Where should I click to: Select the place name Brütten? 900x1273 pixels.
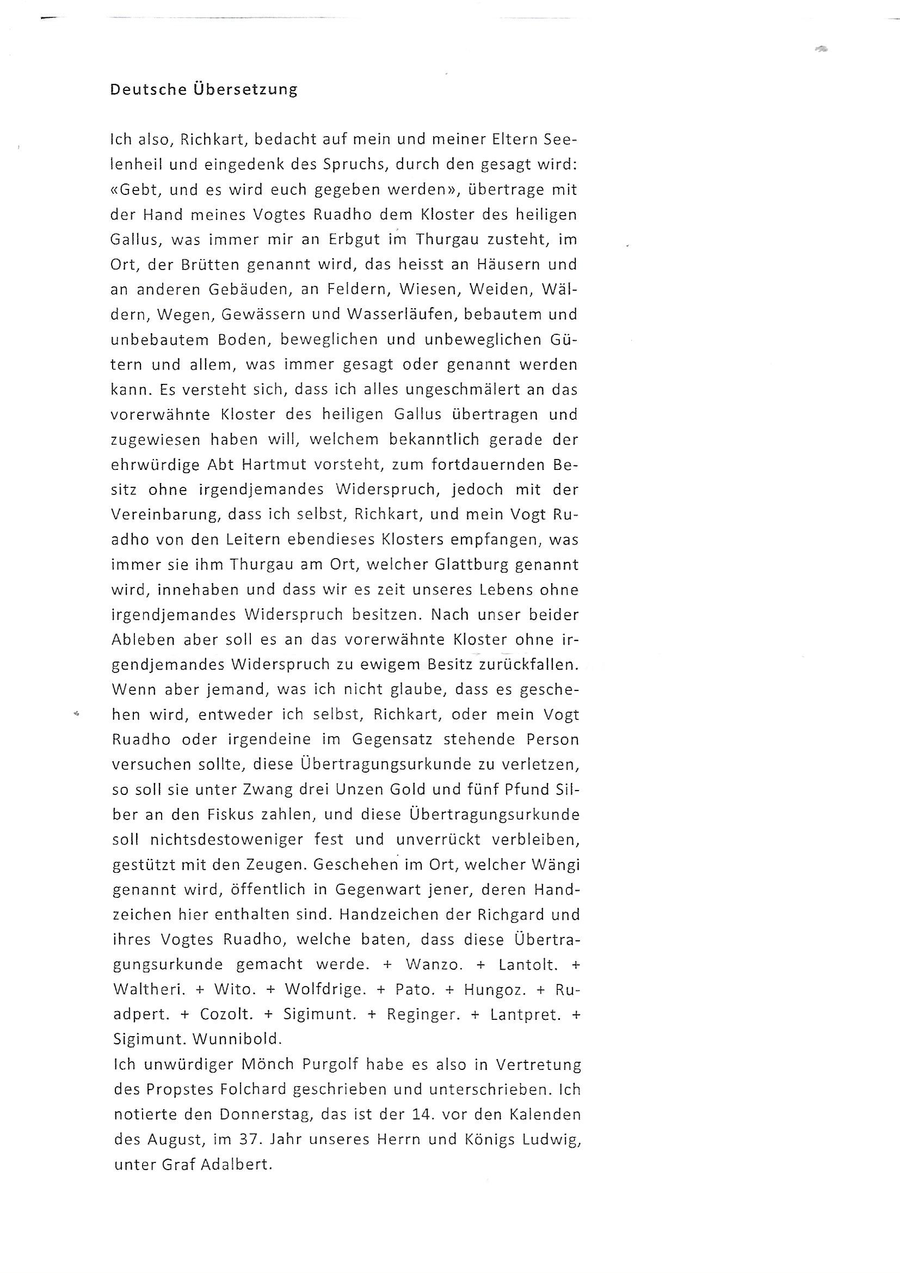(x=208, y=265)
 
